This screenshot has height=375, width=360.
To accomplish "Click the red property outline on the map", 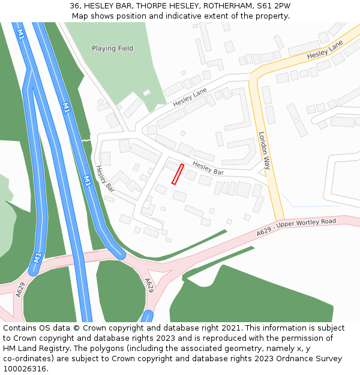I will tap(178, 174).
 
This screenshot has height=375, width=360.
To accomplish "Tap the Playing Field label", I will tap(112, 48).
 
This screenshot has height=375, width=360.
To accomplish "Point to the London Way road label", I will tap(265, 151).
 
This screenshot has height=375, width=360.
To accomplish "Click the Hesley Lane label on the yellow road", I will tap(325, 50).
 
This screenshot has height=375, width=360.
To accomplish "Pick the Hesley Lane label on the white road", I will tap(190, 97).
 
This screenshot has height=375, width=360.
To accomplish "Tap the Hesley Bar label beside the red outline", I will tap(208, 168).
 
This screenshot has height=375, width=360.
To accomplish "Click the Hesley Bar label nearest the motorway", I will tap(105, 178).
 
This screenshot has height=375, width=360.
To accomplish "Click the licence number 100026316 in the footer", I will tap(25, 369).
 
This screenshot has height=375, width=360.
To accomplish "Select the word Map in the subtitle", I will tap(80, 16).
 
